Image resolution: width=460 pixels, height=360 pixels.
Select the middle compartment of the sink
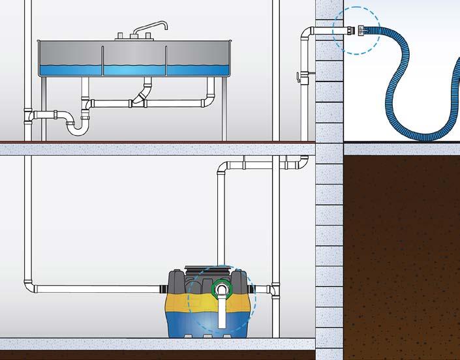click(x=134, y=61)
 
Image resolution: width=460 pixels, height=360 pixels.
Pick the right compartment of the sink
click(x=196, y=61)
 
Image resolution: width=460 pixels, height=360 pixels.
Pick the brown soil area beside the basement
click(x=401, y=248)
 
